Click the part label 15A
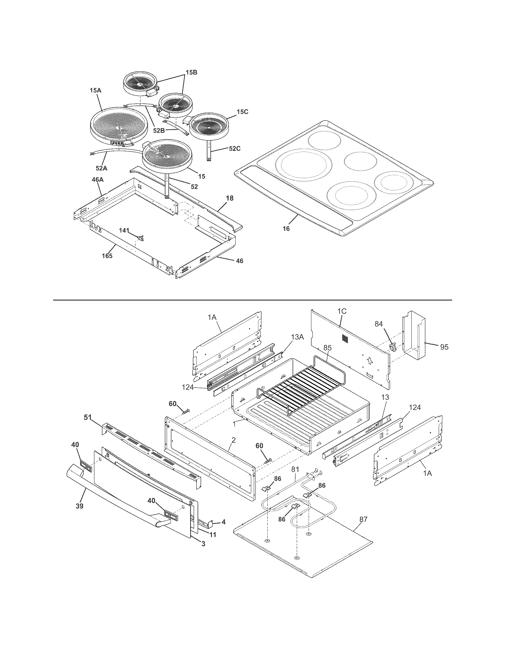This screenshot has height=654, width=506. [x=96, y=90]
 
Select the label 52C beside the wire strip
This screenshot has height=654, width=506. [x=235, y=149]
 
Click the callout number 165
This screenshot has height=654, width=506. [x=107, y=256]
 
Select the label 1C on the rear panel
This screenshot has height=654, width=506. [x=342, y=311]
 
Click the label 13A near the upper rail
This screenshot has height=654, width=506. [x=298, y=337]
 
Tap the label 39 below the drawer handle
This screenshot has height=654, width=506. [x=79, y=506]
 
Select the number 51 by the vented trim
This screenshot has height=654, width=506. [x=88, y=417]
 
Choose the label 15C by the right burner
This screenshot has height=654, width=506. [x=242, y=112]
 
